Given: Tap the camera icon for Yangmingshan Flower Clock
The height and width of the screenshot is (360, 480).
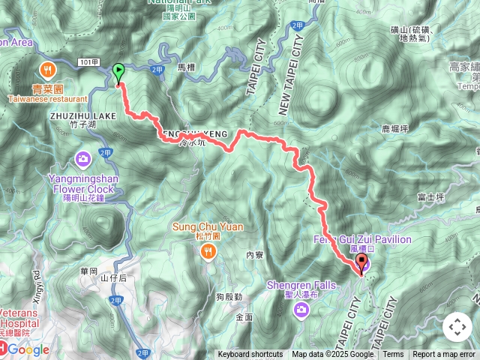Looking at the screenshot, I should pyautogui.click(x=82, y=158).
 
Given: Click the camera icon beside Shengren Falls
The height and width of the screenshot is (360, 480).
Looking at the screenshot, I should pyautogui.click(x=301, y=310).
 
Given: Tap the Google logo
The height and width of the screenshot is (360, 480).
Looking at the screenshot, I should pyautogui.click(x=28, y=349).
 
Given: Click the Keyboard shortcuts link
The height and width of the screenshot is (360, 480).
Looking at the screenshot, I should pyautogui.click(x=250, y=355).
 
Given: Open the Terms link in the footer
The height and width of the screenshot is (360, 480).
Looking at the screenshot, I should pyautogui.click(x=393, y=355).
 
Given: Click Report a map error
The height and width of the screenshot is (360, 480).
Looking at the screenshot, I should pyautogui.click(x=444, y=355).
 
